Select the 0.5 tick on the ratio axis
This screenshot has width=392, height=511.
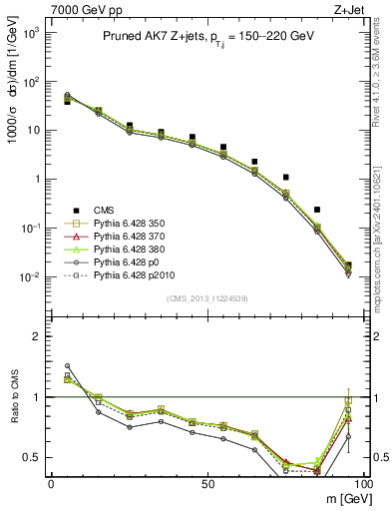pyautogui.click(x=35, y=457)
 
